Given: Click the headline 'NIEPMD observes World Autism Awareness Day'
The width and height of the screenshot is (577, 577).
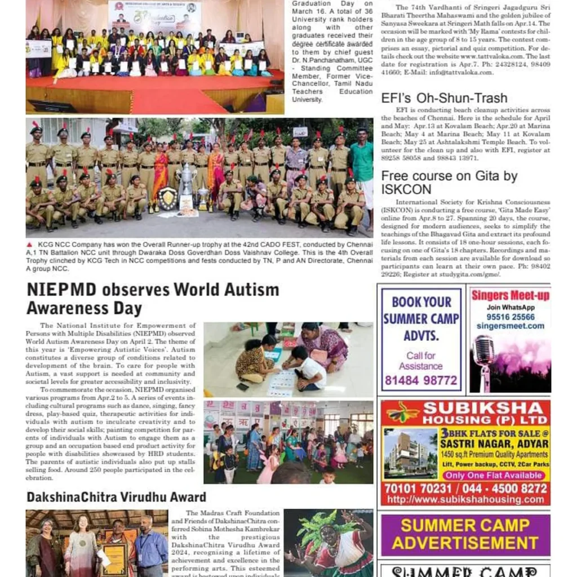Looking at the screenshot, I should pyautogui.click(x=153, y=299).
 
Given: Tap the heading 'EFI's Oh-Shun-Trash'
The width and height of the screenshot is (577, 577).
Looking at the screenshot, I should pyautogui.click(x=444, y=98).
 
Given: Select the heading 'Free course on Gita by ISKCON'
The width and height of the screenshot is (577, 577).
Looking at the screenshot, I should pyautogui.click(x=449, y=183).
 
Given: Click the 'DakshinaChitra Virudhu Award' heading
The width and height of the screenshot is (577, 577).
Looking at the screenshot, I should pyautogui.click(x=116, y=497).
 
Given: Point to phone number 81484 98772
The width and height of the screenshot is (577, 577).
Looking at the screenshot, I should pyautogui.click(x=421, y=380).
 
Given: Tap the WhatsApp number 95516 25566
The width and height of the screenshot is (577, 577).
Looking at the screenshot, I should pyautogui.click(x=511, y=317).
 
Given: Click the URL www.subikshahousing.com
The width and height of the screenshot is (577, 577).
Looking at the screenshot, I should pyautogui.click(x=465, y=500).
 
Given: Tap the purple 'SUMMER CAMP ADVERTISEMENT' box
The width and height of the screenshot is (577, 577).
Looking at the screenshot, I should pyautogui.click(x=465, y=534).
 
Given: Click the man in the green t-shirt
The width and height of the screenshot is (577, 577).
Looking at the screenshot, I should pyautogui.click(x=361, y=168).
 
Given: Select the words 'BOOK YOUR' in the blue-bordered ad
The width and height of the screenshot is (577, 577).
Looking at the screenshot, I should pyautogui.click(x=421, y=302).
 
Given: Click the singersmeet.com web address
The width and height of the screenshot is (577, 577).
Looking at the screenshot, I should pyautogui.click(x=510, y=326).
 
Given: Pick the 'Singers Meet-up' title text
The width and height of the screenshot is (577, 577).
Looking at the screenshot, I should pyautogui.click(x=511, y=296).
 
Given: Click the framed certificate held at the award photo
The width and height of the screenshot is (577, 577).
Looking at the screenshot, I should pyautogui.click(x=114, y=557).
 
